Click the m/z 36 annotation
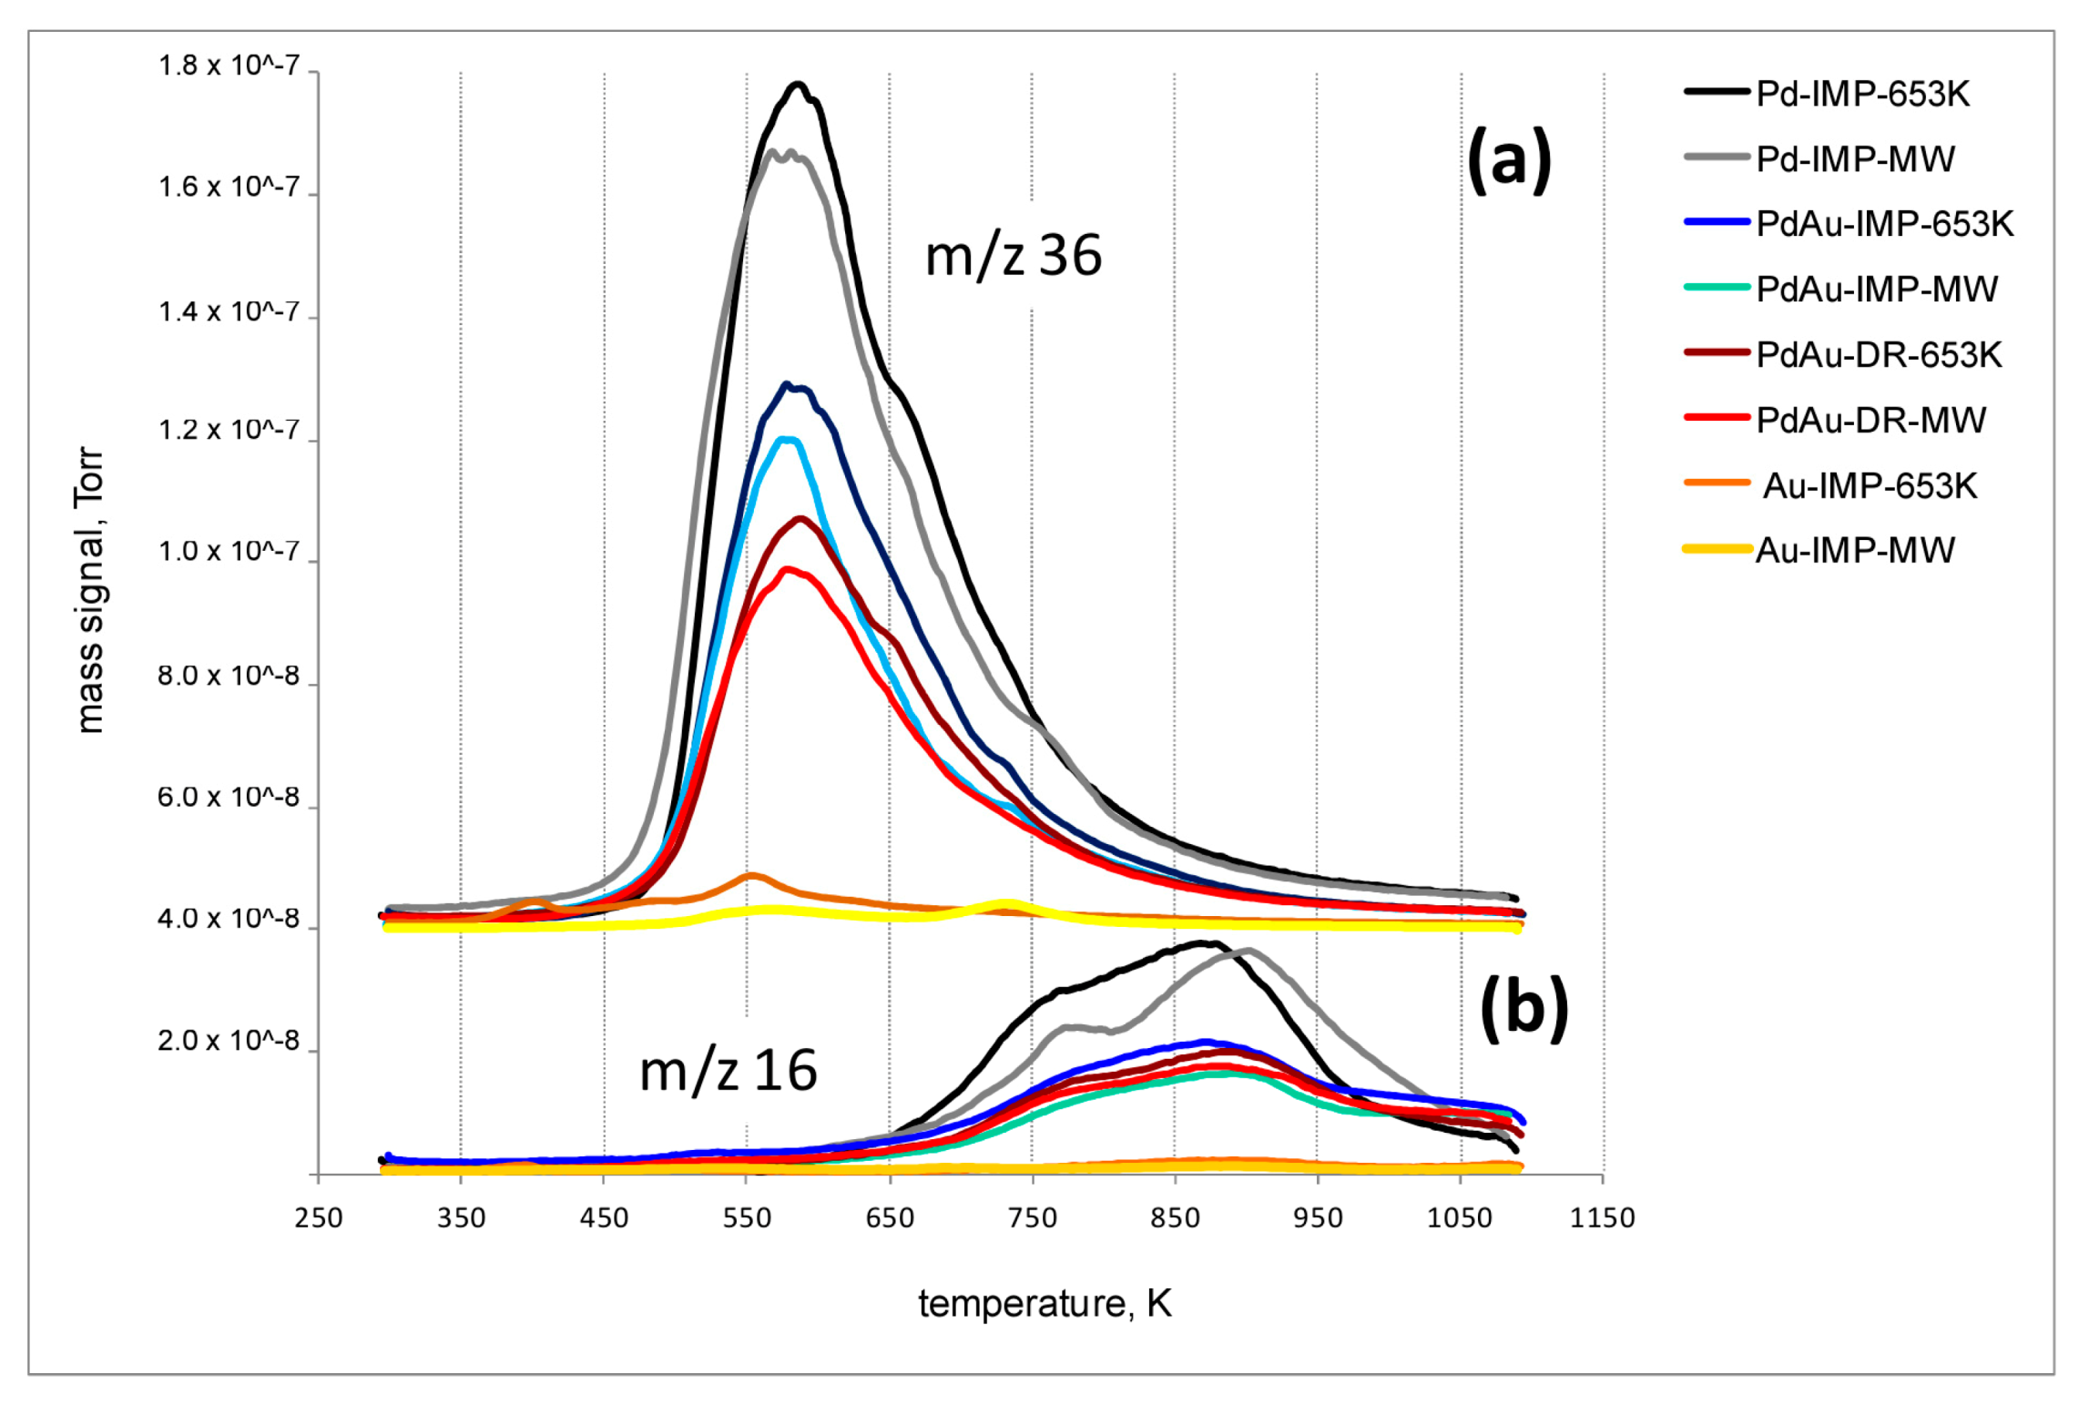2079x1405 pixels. [1013, 256]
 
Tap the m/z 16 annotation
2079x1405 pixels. [728, 1071]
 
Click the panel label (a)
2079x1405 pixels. [1508, 159]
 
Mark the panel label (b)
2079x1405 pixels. [1524, 1008]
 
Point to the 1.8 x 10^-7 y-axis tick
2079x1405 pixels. [229, 66]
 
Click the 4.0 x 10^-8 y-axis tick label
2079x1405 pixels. [229, 919]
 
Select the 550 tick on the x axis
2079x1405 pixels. [747, 1218]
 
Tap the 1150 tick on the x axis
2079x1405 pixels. [1602, 1218]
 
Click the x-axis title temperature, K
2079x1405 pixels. [1044, 1304]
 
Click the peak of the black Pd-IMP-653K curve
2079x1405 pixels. [798, 85]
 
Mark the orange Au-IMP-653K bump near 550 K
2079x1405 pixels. [750, 876]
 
